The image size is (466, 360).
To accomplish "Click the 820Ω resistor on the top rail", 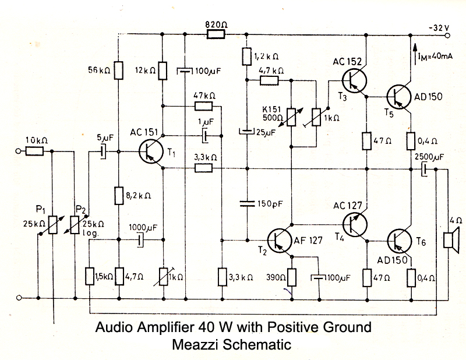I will tap(216, 34).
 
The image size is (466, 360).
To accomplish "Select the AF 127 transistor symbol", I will tap(278, 239).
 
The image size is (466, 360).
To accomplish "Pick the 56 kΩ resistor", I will tap(118, 70).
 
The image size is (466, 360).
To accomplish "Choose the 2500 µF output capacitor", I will tap(425, 169).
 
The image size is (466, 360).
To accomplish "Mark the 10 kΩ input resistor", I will tap(34, 151).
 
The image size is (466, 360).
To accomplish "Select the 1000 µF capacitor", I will tap(140, 239).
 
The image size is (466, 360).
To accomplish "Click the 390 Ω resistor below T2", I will tap(292, 276).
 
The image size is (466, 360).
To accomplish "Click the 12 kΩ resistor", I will tap(163, 70).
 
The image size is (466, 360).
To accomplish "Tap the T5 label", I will tap(389, 114).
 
